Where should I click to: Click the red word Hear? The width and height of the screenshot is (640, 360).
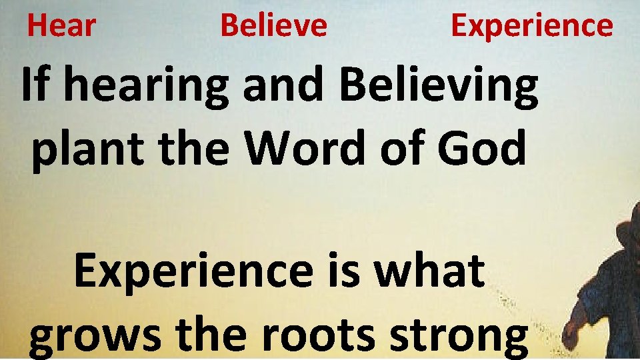(x=61, y=26)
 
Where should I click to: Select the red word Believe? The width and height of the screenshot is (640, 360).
(x=273, y=26)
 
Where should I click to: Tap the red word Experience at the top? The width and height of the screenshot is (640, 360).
(x=531, y=26)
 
